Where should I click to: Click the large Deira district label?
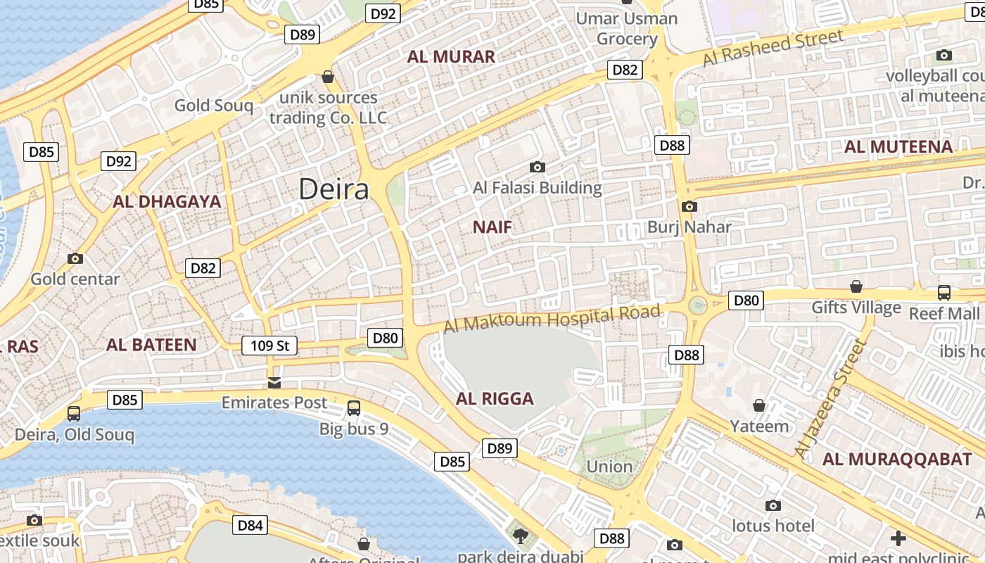pyautogui.click(x=333, y=189)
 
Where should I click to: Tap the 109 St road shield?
pyautogui.click(x=269, y=346)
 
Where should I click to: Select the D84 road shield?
pyautogui.click(x=250, y=525)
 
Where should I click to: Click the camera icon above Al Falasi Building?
pyautogui.click(x=538, y=167)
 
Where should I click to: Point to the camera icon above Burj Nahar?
pyautogui.click(x=689, y=206)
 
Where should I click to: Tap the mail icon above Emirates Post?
pyautogui.click(x=274, y=382)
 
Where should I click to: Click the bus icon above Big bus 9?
pyautogui.click(x=354, y=407)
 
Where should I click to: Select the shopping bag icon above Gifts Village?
pyautogui.click(x=856, y=286)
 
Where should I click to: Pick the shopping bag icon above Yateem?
pyautogui.click(x=759, y=405)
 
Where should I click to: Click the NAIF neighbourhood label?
pyautogui.click(x=492, y=227)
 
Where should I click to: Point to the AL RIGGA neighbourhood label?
pyautogui.click(x=495, y=399)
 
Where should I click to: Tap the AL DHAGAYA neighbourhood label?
pyautogui.click(x=167, y=202)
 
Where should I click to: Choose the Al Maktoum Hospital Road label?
pyautogui.click(x=553, y=317)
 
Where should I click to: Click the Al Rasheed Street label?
pyautogui.click(x=773, y=49)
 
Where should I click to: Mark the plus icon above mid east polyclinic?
pyautogui.click(x=898, y=538)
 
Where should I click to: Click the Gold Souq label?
pyautogui.click(x=213, y=106)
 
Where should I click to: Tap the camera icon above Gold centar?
pyautogui.click(x=75, y=258)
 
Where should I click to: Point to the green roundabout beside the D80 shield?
pyautogui.click(x=697, y=305)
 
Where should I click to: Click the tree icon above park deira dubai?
pyautogui.click(x=521, y=537)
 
